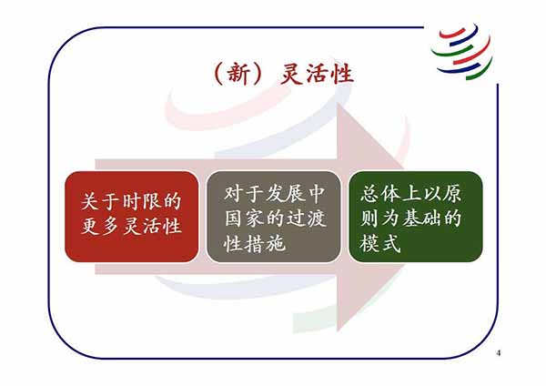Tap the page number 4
(x=499, y=353)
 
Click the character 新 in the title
(x=238, y=74)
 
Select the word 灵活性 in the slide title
(x=317, y=74)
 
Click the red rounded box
(x=132, y=217)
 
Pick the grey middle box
(x=273, y=217)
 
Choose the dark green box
(x=416, y=217)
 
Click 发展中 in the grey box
(x=295, y=193)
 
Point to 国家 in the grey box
(x=244, y=218)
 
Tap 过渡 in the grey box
(x=306, y=218)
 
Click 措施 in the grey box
(x=266, y=243)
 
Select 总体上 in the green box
(x=390, y=193)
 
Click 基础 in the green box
(x=421, y=218)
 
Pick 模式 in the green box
(x=380, y=243)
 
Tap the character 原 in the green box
(x=451, y=193)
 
